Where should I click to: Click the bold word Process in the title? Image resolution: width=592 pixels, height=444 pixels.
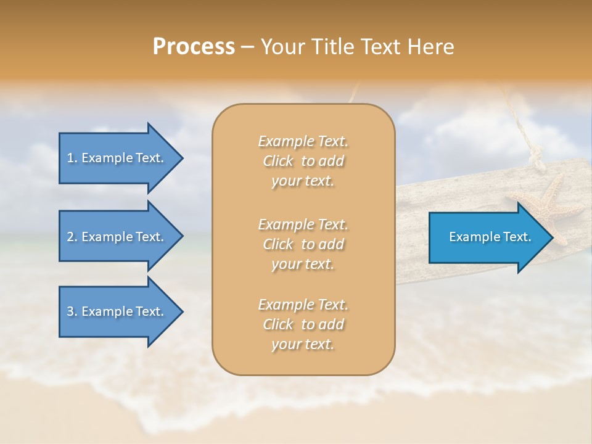[x=194, y=46]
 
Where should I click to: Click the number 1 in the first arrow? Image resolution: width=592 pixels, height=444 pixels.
[x=70, y=158]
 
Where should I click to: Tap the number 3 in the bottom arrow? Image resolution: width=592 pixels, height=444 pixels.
[x=70, y=311]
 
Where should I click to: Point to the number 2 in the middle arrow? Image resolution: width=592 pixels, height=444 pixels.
[x=70, y=237]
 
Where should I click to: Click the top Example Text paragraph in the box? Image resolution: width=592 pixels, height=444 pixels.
[x=303, y=161]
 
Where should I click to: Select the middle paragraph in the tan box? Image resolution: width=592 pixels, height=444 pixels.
[x=303, y=244]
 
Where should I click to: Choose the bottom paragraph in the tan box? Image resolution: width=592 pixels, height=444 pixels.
[x=303, y=324]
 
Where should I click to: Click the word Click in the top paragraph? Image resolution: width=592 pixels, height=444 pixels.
[x=277, y=161]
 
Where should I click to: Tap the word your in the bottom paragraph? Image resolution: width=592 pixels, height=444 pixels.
[x=286, y=344]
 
